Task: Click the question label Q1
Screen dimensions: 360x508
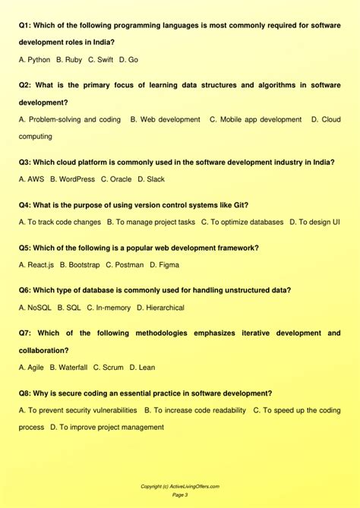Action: coord(26,25)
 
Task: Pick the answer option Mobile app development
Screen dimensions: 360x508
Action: coord(255,119)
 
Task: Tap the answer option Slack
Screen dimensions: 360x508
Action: coord(151,179)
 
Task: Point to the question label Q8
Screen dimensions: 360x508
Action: coord(26,393)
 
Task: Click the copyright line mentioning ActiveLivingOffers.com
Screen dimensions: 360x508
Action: coord(180,486)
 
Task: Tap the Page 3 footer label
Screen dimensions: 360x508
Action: coord(180,495)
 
